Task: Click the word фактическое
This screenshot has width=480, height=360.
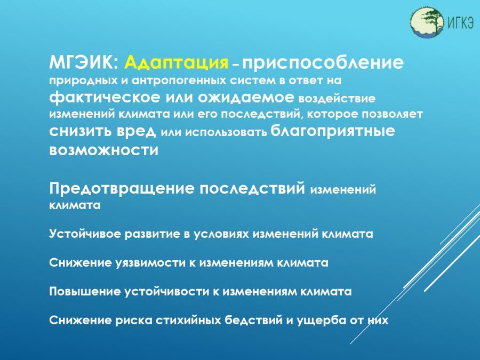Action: (x=105, y=98)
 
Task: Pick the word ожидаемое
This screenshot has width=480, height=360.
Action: (x=246, y=98)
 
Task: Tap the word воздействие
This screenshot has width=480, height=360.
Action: (x=337, y=99)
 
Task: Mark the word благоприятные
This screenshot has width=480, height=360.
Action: (x=333, y=131)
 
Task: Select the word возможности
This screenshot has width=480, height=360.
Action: (x=104, y=150)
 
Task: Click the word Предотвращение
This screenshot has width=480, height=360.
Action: (x=122, y=188)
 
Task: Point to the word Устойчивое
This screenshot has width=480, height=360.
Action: (x=85, y=234)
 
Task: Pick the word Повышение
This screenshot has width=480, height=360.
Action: (x=84, y=291)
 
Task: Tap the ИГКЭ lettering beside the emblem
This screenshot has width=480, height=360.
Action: (x=460, y=22)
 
